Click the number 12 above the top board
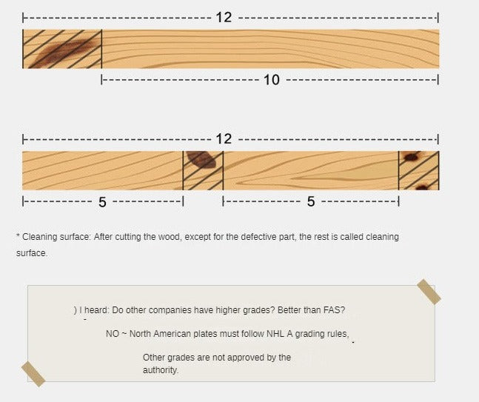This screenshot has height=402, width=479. point(224,18)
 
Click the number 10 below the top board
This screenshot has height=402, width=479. point(271,80)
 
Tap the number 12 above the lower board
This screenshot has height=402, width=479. point(224,139)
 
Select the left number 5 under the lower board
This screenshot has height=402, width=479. point(102,202)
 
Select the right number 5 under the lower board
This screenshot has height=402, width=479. point(311,201)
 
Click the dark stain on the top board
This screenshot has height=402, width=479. point(64,53)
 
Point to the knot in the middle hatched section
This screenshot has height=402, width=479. point(201,159)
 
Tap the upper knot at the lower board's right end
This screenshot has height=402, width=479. point(411,157)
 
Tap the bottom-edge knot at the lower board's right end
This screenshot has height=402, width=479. point(422,187)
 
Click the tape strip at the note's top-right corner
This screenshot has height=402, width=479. point(429,292)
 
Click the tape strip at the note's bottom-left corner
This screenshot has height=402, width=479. point(33,374)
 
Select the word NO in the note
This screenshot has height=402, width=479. point(113,334)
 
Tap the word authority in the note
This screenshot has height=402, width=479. point(160,370)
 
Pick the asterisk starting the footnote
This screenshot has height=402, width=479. point(18,236)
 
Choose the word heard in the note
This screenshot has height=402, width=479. point(96,310)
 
